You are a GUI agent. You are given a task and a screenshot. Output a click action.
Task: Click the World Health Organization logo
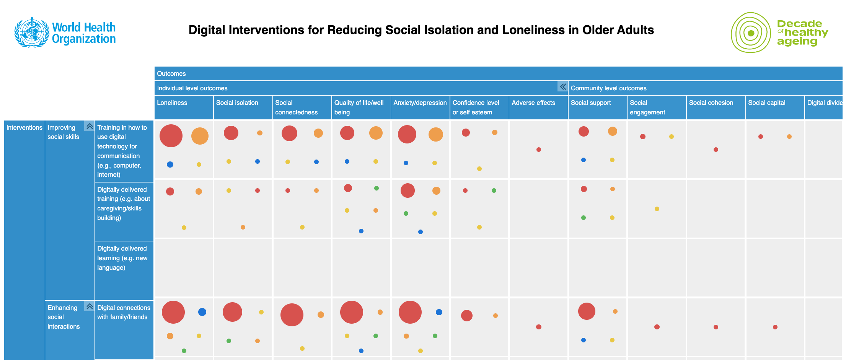pyautogui.click(x=65, y=33)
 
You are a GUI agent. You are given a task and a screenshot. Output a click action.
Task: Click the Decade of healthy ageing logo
pyautogui.click(x=779, y=33)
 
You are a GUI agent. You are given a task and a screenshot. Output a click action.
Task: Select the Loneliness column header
pyautogui.click(x=172, y=103)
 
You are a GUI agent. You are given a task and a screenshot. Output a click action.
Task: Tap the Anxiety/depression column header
pyautogui.click(x=420, y=103)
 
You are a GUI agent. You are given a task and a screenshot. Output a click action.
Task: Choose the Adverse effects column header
pyautogui.click(x=533, y=103)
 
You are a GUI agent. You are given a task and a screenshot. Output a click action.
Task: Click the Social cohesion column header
pyautogui.click(x=711, y=103)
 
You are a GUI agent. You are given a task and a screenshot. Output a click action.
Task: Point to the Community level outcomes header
pyautogui.click(x=608, y=88)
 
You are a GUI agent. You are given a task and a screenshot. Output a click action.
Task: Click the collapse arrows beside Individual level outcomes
pyautogui.click(x=562, y=87)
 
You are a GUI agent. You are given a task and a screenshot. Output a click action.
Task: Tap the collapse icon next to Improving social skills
pyautogui.click(x=90, y=126)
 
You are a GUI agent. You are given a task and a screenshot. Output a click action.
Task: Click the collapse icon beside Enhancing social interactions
pyautogui.click(x=90, y=306)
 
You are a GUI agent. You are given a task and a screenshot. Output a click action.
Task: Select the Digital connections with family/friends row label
pyautogui.click(x=124, y=312)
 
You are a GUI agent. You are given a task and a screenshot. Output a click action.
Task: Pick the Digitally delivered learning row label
pyautogui.click(x=122, y=258)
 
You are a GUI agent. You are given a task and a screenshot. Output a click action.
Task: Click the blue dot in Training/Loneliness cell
pyautogui.click(x=170, y=165)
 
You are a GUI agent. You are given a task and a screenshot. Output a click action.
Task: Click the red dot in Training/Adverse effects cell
pyautogui.click(x=538, y=150)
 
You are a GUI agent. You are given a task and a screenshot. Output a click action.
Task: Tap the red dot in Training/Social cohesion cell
pyautogui.click(x=716, y=150)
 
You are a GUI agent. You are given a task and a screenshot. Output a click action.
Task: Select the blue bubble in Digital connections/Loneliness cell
pyautogui.click(x=202, y=312)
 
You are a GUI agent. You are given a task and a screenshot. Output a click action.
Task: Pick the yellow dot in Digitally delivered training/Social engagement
pyautogui.click(x=657, y=209)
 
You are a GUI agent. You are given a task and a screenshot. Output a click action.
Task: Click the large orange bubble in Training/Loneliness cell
pyautogui.click(x=200, y=136)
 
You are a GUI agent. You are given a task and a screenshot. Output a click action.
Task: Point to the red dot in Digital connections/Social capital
pyautogui.click(x=775, y=327)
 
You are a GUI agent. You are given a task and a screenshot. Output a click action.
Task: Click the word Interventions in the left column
pyautogui.click(x=24, y=128)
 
